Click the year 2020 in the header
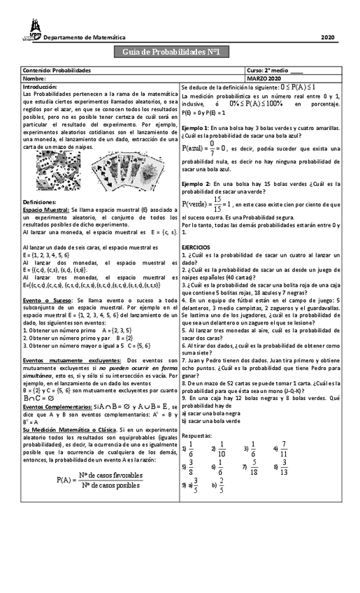pos(328,36)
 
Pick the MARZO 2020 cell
pos(265,78)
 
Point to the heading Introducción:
pos(41,86)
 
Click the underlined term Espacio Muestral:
pos(46,208)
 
